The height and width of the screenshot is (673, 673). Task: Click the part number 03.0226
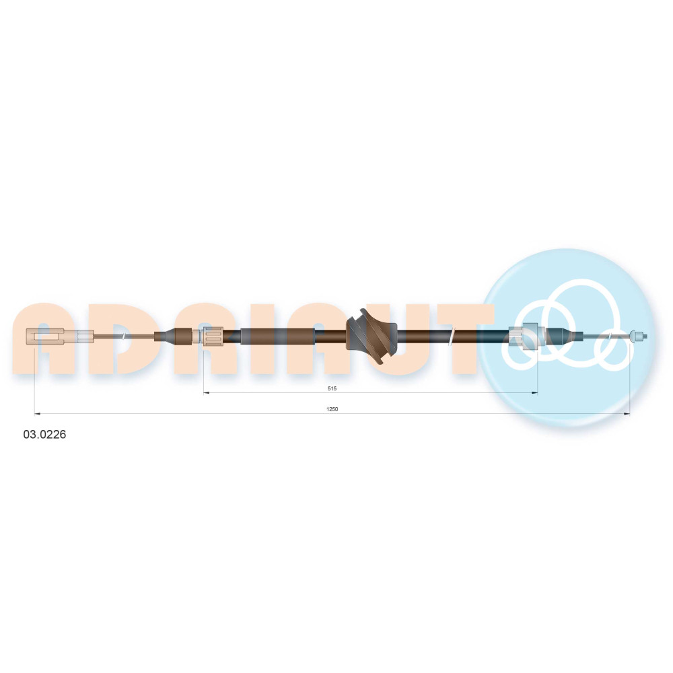tap(44, 434)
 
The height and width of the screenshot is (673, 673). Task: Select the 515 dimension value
tap(332, 388)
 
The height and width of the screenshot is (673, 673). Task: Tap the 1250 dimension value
tap(332, 409)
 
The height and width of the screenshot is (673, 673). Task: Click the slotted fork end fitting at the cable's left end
tap(45, 336)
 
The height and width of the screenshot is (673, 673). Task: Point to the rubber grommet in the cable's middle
tap(371, 336)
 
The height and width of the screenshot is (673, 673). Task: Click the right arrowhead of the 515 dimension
tap(535, 392)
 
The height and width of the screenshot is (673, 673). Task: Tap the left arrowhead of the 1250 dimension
tap(37, 414)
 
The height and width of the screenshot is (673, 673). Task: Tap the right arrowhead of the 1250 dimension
tap(627, 414)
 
